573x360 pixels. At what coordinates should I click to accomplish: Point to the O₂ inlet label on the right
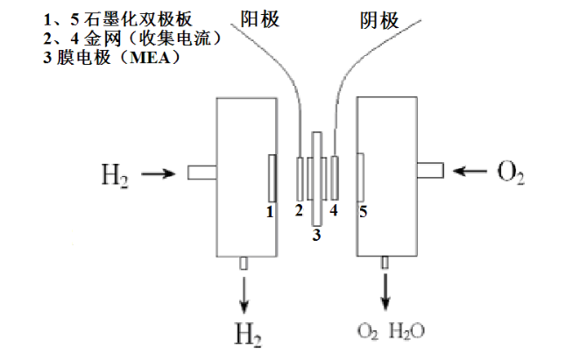510,171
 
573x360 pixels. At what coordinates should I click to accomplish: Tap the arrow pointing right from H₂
158,173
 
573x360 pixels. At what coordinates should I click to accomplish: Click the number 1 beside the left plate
271,211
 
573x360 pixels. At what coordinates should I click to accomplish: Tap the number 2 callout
299,210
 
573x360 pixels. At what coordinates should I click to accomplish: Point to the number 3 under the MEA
317,235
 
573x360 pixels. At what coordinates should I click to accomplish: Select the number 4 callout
334,210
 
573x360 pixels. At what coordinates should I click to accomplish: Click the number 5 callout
362,211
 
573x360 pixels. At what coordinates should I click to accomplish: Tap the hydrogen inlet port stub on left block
202,173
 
